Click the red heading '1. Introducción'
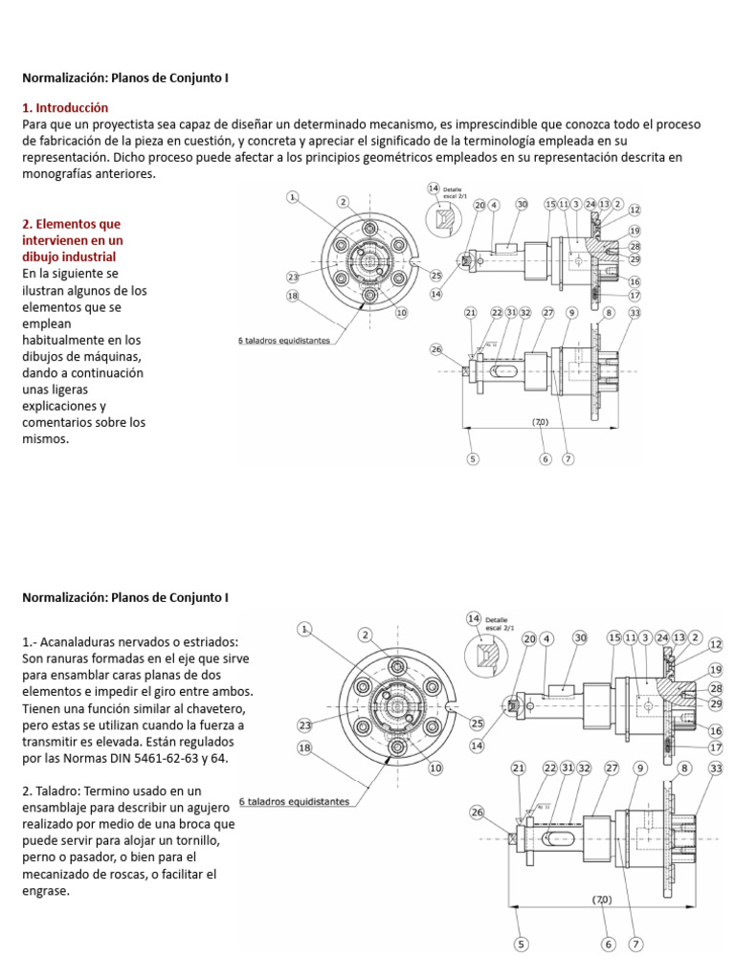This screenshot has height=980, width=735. (x=65, y=107)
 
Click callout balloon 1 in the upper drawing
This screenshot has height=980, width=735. (x=293, y=196)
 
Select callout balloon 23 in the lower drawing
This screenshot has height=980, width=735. (x=305, y=724)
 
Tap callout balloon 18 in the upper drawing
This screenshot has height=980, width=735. (x=293, y=296)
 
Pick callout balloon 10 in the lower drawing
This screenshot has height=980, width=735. (x=435, y=768)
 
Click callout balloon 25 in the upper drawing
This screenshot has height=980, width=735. (x=436, y=276)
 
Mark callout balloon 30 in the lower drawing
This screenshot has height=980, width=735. (x=580, y=637)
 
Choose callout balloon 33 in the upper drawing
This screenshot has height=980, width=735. (x=635, y=313)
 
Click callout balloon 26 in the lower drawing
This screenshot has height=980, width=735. (x=478, y=813)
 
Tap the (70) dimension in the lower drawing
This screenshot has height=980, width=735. (x=600, y=900)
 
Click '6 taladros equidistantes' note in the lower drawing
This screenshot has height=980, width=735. (x=294, y=802)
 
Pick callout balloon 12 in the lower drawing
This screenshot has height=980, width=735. (x=716, y=644)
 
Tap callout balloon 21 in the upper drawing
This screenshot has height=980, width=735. (x=470, y=313)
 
